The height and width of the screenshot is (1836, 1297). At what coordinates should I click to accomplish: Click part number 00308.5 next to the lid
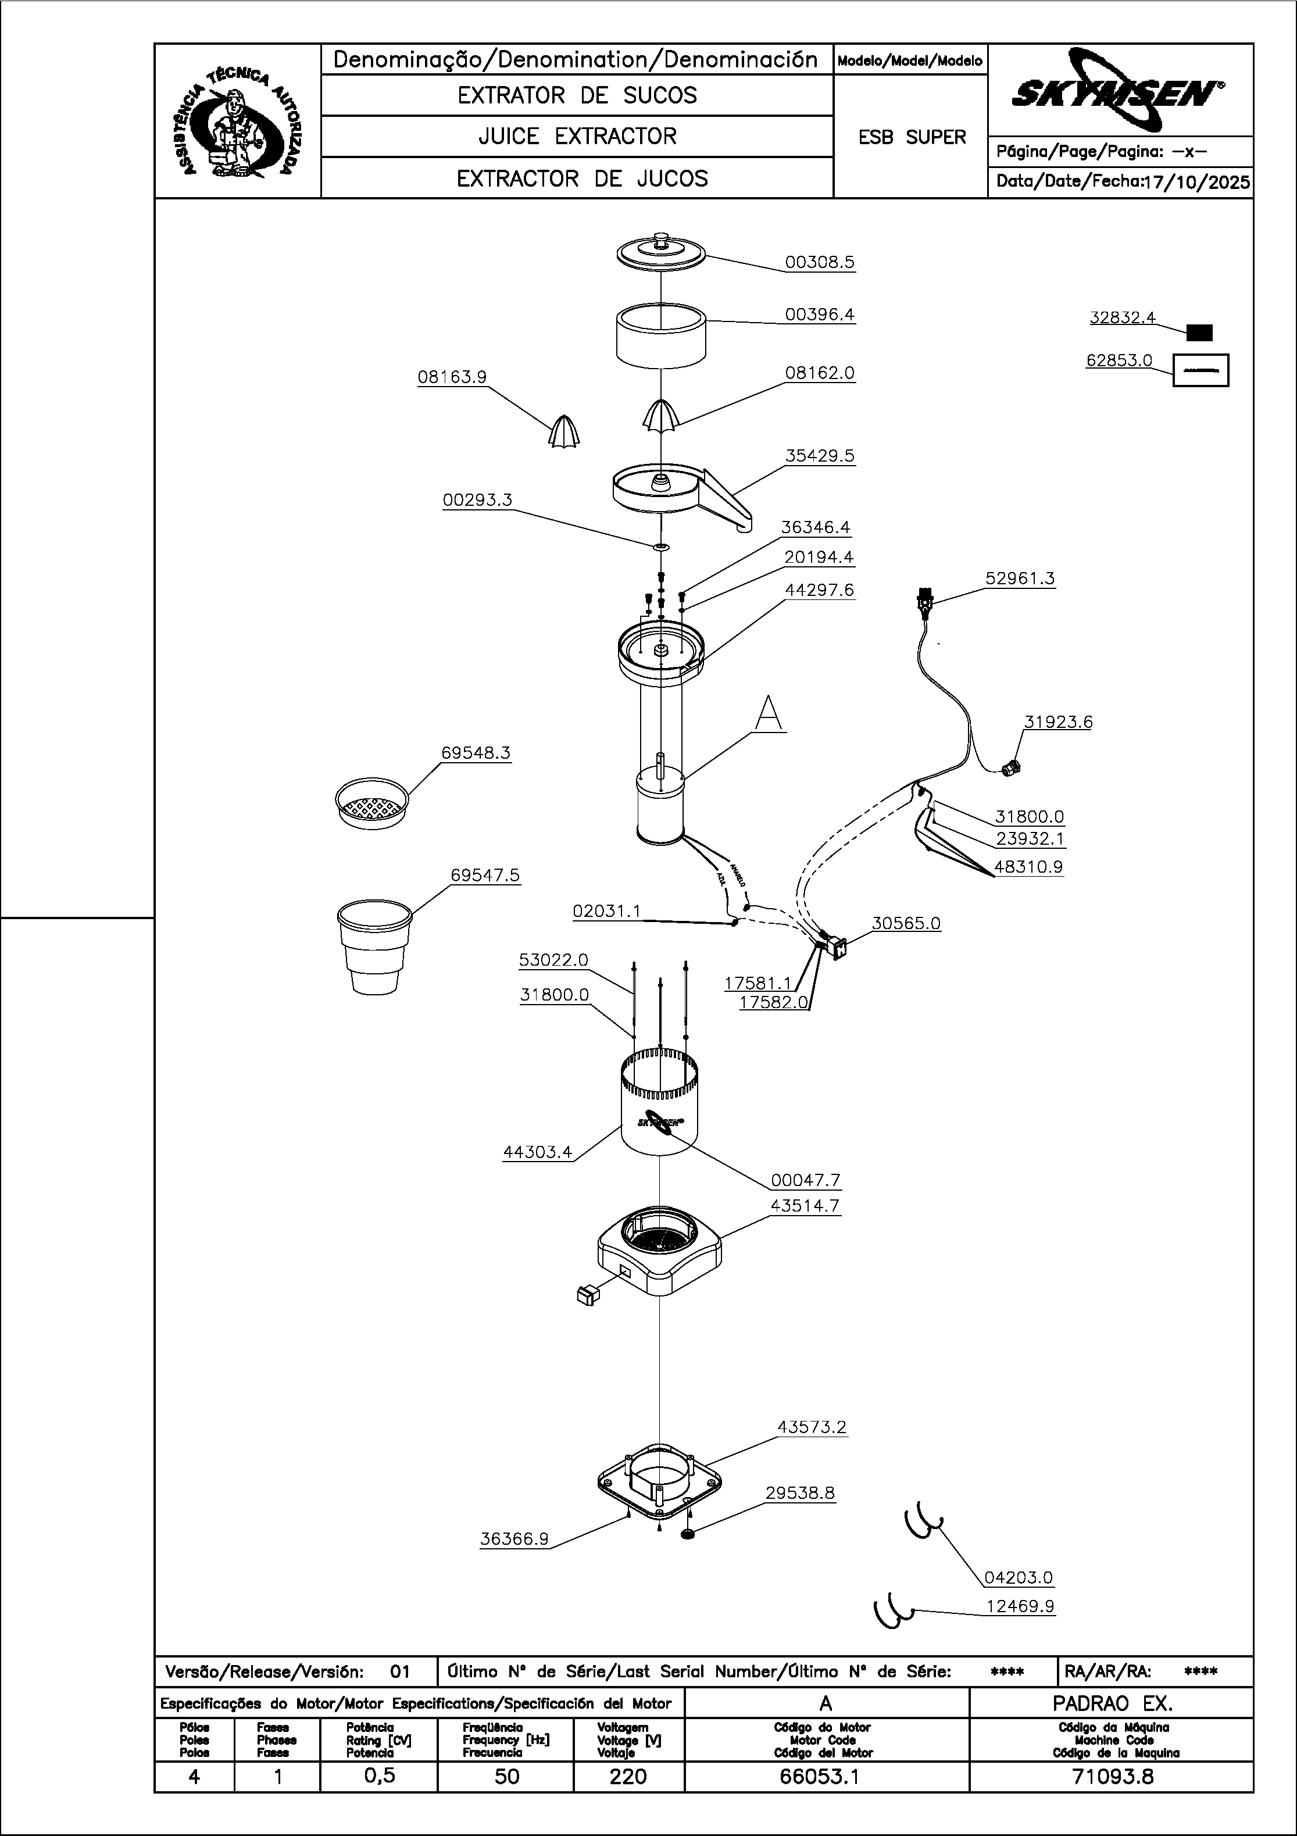[820, 262]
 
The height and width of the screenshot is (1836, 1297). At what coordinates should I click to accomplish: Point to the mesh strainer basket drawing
[371, 802]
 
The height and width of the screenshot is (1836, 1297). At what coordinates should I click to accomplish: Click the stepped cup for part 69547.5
[374, 947]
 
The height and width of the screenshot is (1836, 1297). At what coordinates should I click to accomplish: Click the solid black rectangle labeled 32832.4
[1199, 333]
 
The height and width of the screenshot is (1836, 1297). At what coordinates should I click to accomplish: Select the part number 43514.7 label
[805, 1206]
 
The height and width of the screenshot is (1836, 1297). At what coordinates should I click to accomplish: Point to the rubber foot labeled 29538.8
[688, 1535]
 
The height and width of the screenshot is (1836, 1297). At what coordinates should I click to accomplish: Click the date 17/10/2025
[1197, 183]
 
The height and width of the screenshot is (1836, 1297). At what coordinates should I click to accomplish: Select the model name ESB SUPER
[912, 138]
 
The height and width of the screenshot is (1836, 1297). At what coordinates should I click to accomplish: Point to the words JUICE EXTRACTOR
[577, 137]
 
